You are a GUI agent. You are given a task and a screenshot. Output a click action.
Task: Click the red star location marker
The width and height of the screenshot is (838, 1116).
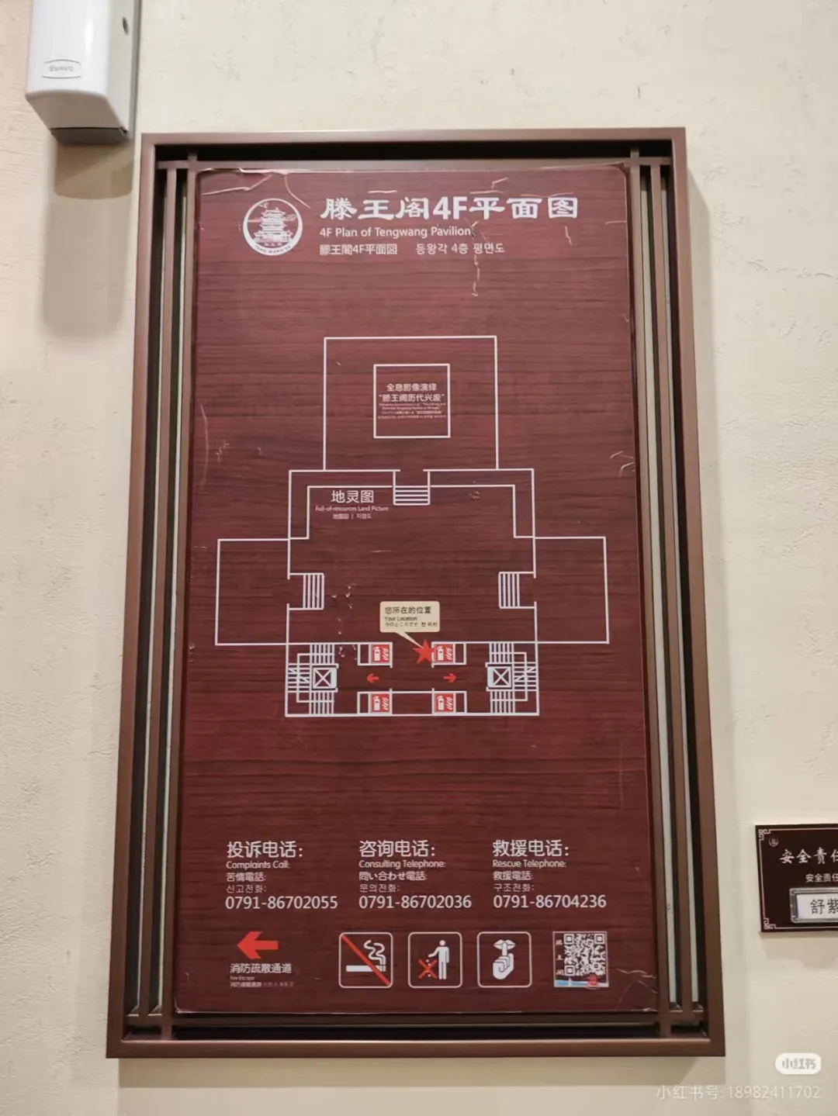tap(424, 651)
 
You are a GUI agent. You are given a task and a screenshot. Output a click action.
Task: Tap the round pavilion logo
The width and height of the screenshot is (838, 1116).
tap(272, 225)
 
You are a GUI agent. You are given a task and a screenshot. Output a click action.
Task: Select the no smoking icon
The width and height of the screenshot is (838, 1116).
tap(365, 959)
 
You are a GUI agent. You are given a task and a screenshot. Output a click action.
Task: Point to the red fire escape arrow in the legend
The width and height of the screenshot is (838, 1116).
tap(258, 945)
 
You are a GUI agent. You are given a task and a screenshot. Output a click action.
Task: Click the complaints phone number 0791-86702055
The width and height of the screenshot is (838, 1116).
tap(281, 903)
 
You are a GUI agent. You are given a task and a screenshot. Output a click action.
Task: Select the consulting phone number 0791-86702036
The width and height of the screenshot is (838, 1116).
tap(414, 902)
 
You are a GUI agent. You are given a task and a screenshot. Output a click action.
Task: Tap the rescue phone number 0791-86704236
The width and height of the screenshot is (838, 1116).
tap(549, 901)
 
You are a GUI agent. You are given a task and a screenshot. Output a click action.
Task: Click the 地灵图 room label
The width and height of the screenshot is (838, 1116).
tap(352, 497)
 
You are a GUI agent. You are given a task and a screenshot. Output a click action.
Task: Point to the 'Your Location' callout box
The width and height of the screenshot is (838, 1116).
tap(410, 616)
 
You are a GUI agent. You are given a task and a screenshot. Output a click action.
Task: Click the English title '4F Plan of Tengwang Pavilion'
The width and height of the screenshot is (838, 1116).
tap(395, 231)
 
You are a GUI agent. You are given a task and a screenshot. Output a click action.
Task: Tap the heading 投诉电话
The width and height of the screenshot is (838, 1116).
tap(264, 849)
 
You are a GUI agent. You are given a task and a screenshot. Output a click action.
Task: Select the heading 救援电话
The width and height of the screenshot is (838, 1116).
tap(530, 848)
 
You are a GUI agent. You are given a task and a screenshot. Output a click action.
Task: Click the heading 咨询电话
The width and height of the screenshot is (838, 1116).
tap(396, 848)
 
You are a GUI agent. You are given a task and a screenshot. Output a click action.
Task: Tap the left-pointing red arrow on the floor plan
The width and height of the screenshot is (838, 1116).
tap(372, 678)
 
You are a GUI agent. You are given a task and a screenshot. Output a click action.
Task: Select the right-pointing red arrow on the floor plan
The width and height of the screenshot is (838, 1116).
tap(449, 678)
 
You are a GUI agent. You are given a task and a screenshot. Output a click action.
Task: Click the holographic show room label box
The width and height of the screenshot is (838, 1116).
tap(411, 401)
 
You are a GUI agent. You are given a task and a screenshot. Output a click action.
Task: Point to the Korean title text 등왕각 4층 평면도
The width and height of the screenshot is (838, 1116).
tap(459, 249)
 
